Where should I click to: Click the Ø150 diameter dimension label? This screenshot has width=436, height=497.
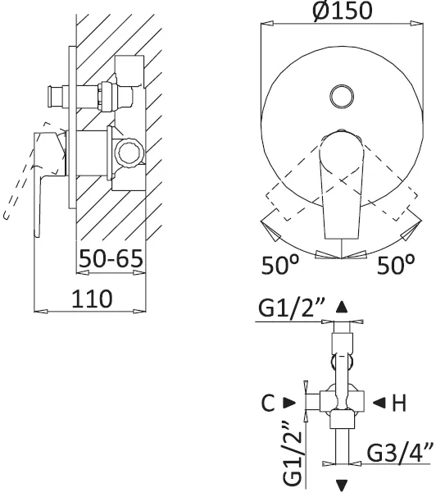point(342,11)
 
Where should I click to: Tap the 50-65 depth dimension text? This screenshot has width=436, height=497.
point(111,258)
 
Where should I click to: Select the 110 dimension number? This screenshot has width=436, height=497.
point(92,299)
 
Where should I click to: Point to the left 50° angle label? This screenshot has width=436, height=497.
point(280,264)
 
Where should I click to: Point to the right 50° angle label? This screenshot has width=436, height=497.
point(396,264)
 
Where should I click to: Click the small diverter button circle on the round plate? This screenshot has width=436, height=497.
point(342,97)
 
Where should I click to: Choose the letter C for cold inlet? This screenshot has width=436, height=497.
point(268,404)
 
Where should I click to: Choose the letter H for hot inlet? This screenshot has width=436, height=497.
point(399,404)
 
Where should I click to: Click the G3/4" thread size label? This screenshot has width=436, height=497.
point(400,453)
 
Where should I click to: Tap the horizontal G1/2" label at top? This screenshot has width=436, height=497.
point(292,307)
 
